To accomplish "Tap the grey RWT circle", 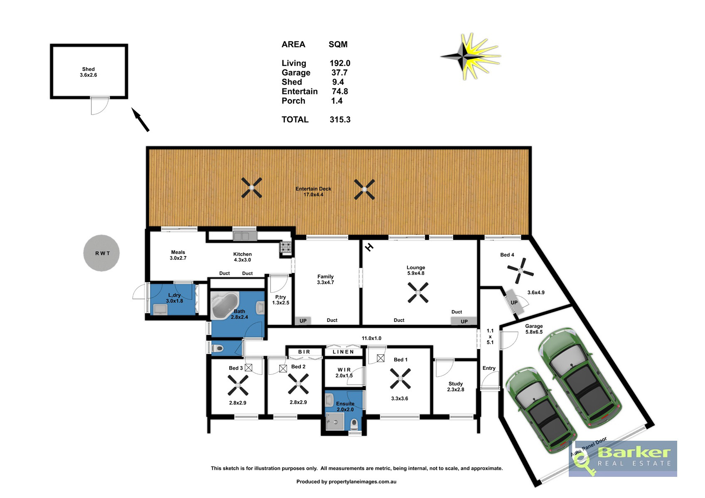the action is pos(101,253).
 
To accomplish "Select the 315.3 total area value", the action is pos(340,120).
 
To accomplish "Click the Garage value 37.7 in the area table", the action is pos(339,73).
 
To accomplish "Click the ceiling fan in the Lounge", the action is pos(418,293).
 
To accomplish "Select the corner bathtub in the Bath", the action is pos(224,305).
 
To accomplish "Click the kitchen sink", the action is pos(245,236).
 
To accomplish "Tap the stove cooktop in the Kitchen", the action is pos(285,247).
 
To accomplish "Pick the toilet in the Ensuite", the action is pos(354,425).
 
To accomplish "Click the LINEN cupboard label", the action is pos(343,352).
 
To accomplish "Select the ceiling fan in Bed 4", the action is pos(520,271).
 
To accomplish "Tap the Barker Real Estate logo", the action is pos(623,459).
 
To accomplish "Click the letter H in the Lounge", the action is pos(369,247).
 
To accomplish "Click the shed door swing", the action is pos(100,106).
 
